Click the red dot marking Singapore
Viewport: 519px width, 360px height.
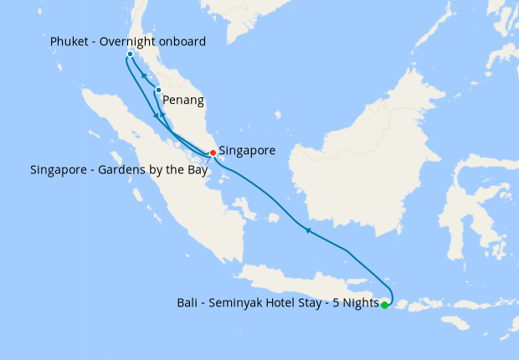tap(213, 152)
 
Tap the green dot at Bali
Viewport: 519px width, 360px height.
tap(384, 306)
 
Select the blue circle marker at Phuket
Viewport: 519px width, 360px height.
tap(130, 54)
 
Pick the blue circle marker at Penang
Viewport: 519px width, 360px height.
tap(158, 90)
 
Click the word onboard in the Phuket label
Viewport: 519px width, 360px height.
tap(182, 41)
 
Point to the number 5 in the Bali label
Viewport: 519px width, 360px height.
tap(337, 302)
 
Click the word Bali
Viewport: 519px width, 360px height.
tap(188, 302)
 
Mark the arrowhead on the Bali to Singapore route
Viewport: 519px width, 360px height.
tap(308, 229)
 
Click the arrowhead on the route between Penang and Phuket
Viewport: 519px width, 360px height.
tap(144, 75)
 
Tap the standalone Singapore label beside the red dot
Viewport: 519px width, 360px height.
tap(247, 152)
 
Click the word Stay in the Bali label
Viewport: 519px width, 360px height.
tap(317, 302)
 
